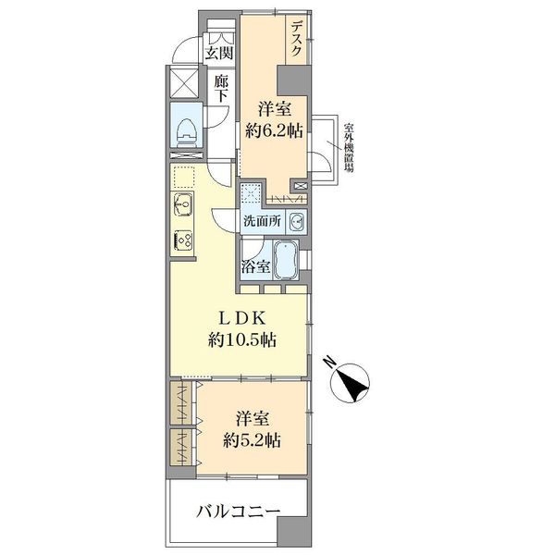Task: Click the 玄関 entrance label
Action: click(x=219, y=54)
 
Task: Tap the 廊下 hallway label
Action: click(x=221, y=89)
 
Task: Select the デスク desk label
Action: click(x=296, y=39)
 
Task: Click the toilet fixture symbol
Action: click(x=187, y=132)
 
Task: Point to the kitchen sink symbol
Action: click(x=183, y=204)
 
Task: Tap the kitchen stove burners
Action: click(x=183, y=240)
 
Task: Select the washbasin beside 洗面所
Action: click(x=296, y=222)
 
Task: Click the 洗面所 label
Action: click(x=262, y=221)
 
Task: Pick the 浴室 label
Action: click(x=256, y=266)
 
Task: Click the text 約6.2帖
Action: click(x=275, y=131)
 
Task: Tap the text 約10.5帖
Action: click(x=242, y=340)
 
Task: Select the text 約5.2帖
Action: click(x=252, y=440)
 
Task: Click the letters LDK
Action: click(x=242, y=318)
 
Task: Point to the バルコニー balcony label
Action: click(x=239, y=512)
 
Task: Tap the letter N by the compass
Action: click(x=330, y=362)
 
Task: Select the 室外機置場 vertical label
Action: click(x=349, y=147)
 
